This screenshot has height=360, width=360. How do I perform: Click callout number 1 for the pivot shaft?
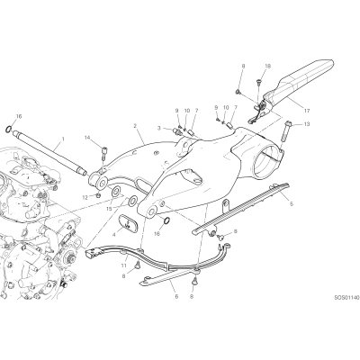click(x=63, y=139)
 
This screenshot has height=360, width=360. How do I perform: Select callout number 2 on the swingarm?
click(x=135, y=126)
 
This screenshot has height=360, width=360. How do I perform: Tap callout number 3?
click(x=159, y=128)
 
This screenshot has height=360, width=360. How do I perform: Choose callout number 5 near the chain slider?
click(x=292, y=204)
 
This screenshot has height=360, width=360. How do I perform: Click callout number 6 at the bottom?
click(x=176, y=296)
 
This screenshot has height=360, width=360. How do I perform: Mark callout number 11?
click(x=124, y=265)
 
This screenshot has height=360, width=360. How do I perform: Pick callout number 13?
click(x=307, y=124)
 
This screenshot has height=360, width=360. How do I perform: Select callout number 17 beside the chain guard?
click(x=307, y=111)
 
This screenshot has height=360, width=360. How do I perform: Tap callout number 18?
click(x=268, y=67)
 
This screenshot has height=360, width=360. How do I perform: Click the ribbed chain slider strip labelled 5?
click(x=241, y=209)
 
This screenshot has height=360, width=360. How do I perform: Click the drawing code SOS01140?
click(x=346, y=298)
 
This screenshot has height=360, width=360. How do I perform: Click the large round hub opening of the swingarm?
click(x=267, y=160)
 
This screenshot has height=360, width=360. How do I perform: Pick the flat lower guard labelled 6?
click(x=170, y=276)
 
